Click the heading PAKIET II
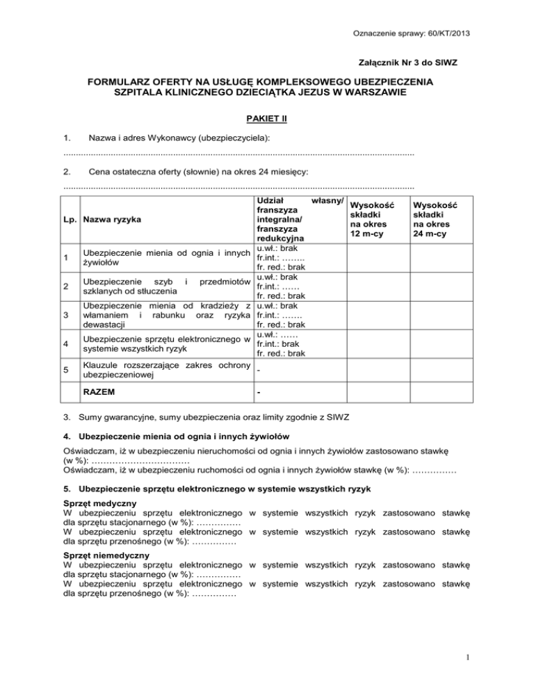(x=267, y=118)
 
